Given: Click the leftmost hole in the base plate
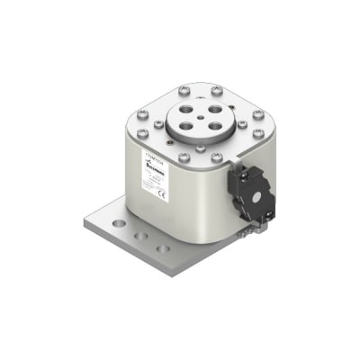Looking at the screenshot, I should (118, 221).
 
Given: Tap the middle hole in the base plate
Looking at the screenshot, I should (141, 235).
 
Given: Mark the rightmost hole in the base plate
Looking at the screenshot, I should (162, 247).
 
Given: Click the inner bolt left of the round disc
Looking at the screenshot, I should (159, 122).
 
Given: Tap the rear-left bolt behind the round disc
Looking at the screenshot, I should (184, 89).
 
